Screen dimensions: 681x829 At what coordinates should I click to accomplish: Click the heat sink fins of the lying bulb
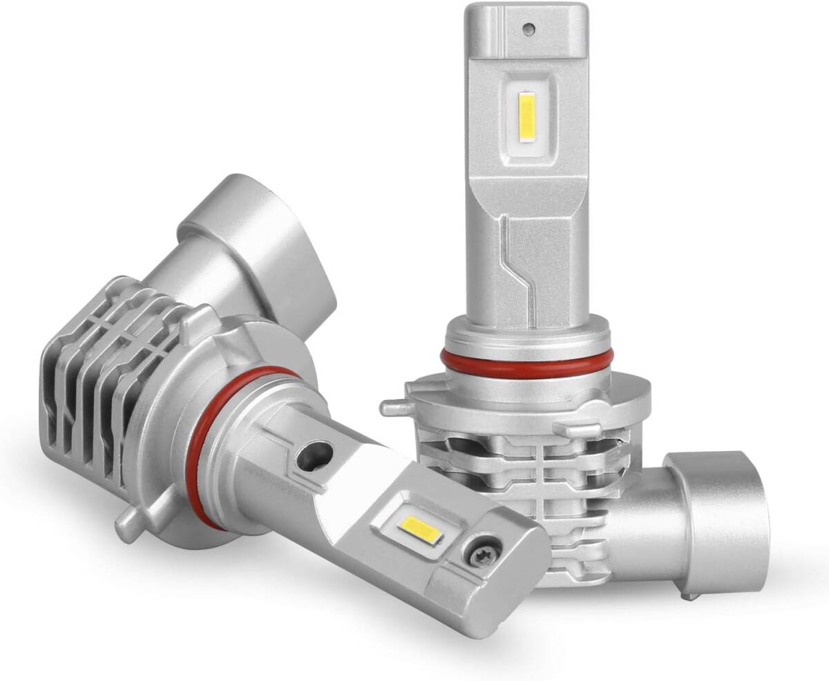point(90,387)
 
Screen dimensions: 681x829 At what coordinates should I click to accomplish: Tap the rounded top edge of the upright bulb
point(528,8)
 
